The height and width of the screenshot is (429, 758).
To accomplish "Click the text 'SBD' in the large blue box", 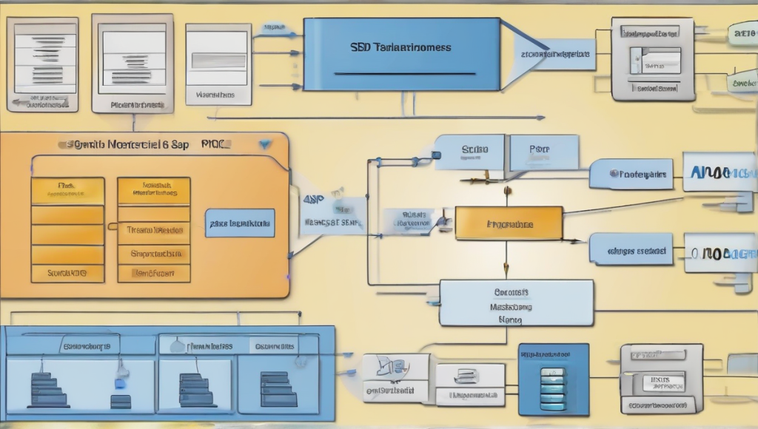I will pos(360,47).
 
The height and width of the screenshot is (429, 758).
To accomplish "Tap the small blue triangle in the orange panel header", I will pos(265,144).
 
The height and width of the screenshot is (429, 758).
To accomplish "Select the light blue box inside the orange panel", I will pos(239,223).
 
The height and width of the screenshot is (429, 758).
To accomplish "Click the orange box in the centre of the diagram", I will pos(509,223).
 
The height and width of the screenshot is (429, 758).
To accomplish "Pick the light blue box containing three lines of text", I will pos(516,303).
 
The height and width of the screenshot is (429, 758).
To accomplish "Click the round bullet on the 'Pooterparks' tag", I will pos(614,175).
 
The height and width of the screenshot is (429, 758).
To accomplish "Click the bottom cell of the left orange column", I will pos(67,273).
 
